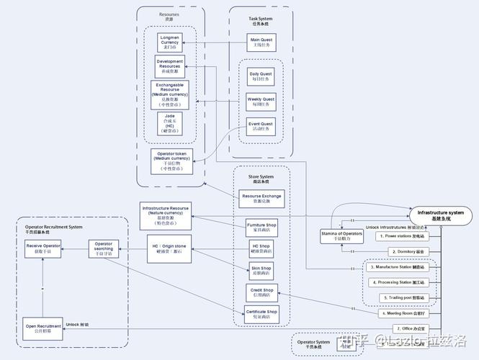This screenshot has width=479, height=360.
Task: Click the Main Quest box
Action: coord(261,42)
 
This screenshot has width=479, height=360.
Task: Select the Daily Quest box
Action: coord(261,76)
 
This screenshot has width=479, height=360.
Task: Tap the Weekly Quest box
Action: coord(261,102)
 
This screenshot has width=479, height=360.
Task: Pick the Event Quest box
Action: coord(261,127)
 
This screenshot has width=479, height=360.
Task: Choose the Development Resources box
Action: coord(169,66)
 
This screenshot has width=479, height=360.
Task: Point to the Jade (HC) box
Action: coord(169,123)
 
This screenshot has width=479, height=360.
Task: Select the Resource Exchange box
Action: coord(261,199)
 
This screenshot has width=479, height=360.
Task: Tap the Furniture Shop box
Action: coord(261,228)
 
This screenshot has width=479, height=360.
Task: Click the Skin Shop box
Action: coord(261,270)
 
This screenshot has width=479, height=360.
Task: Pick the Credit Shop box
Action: coord(261,292)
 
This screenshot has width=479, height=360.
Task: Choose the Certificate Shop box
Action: coord(261,314)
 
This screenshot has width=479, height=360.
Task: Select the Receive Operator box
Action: coord(43,248)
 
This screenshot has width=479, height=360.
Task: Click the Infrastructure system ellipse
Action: coord(440,215)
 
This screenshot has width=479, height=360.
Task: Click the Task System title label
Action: coord(261,20)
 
